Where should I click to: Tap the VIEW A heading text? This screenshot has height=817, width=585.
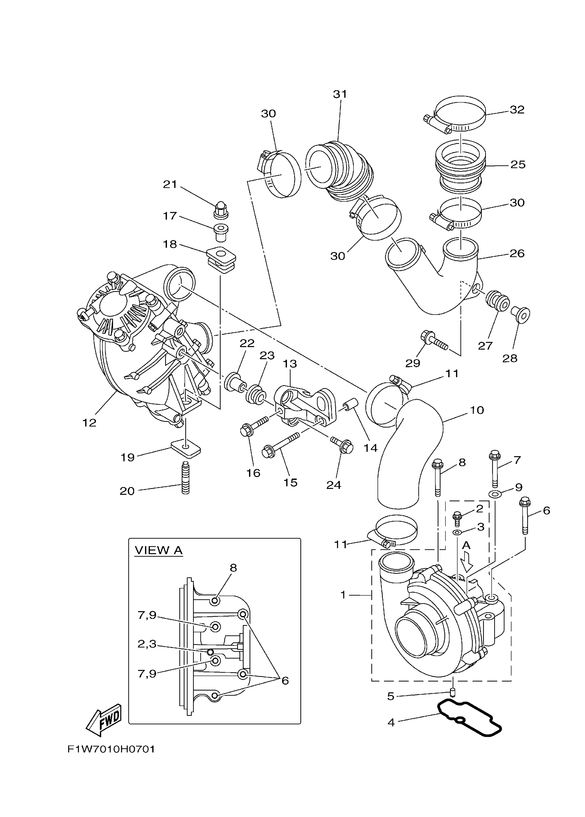pos(159,550)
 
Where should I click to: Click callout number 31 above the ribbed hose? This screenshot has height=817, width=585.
pos(340,94)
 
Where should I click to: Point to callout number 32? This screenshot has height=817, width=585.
pos(517,110)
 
